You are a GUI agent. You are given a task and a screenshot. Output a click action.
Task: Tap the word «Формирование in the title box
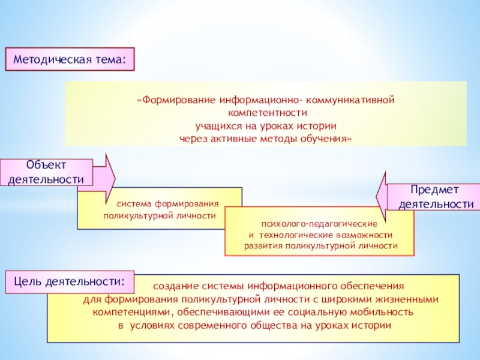pyautogui.click(x=175, y=97)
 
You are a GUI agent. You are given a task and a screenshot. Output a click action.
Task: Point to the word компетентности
pyautogui.click(x=266, y=112)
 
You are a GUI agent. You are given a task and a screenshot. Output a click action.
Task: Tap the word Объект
pyautogui.click(x=46, y=165)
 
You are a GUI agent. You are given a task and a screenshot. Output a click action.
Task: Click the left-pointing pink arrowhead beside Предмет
pyautogui.click(x=382, y=194)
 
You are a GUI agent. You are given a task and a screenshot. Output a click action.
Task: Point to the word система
pyautogui.click(x=133, y=203)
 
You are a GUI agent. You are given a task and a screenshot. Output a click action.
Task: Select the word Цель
pyautogui.click(x=26, y=281)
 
